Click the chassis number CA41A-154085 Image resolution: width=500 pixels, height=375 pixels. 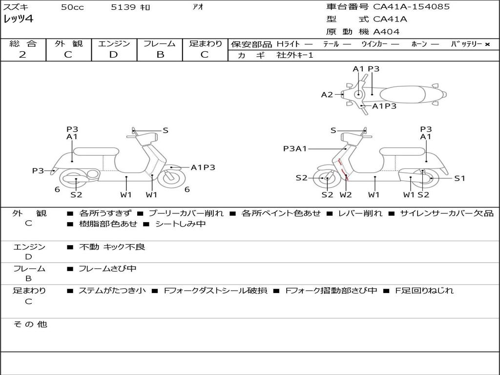click(x=411, y=7)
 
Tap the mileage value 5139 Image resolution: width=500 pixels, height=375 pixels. click(x=123, y=7)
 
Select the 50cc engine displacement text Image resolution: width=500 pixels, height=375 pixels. click(x=72, y=7)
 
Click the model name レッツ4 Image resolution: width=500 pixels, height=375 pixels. click(x=18, y=20)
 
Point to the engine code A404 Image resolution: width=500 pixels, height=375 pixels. click(x=386, y=32)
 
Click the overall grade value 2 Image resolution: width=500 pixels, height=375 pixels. click(x=22, y=55)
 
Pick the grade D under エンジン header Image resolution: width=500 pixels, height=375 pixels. click(x=114, y=55)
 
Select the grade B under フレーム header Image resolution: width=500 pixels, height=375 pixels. click(x=160, y=55)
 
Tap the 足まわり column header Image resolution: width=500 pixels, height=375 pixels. click(x=206, y=44)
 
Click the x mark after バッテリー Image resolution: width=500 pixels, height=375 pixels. click(x=487, y=44)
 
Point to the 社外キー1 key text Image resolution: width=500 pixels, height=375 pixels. click(x=295, y=55)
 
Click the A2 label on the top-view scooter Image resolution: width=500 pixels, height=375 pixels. click(x=327, y=95)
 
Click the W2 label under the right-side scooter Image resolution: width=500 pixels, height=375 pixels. click(x=346, y=195)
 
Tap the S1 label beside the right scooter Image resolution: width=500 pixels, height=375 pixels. click(x=459, y=178)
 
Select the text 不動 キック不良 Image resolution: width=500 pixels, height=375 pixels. click(x=112, y=247)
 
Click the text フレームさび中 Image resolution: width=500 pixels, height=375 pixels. click(x=107, y=269)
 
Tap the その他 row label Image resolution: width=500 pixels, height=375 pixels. click(x=30, y=324)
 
